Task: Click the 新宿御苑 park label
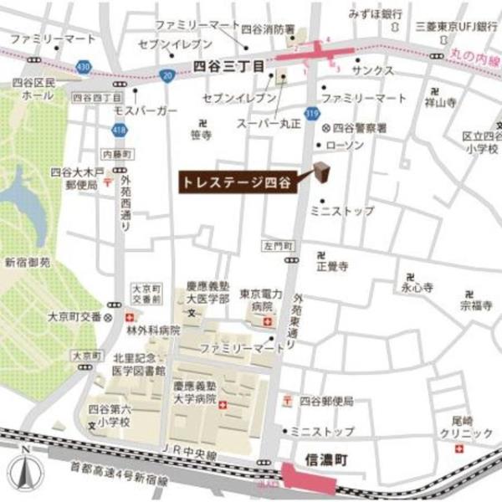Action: click(x=27, y=262)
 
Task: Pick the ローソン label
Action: click(x=344, y=145)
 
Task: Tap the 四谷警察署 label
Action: click(x=360, y=127)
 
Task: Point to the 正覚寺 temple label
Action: click(x=331, y=266)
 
